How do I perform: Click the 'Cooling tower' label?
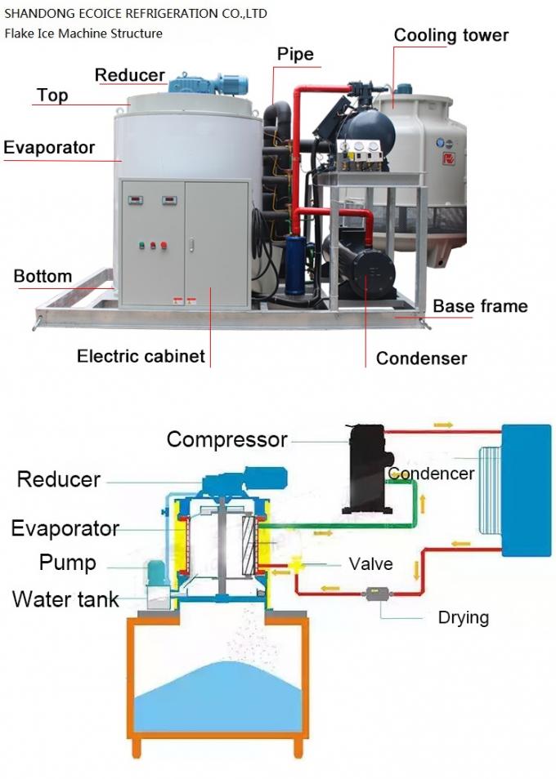click(451, 35)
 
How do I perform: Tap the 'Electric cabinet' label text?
click(141, 356)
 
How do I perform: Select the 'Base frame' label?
click(480, 306)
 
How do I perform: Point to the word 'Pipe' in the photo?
click(294, 56)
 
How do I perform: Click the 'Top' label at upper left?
click(52, 95)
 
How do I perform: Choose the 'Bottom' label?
click(43, 276)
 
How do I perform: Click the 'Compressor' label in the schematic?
click(226, 439)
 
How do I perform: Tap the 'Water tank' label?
click(65, 599)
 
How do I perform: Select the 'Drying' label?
click(463, 617)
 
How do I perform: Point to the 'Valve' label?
click(370, 564)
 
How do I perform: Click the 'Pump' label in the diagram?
click(67, 563)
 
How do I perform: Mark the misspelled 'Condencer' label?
click(431, 474)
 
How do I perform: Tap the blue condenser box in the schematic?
click(525, 490)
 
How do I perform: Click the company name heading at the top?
click(136, 14)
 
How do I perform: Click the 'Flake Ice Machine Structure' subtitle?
click(83, 33)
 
